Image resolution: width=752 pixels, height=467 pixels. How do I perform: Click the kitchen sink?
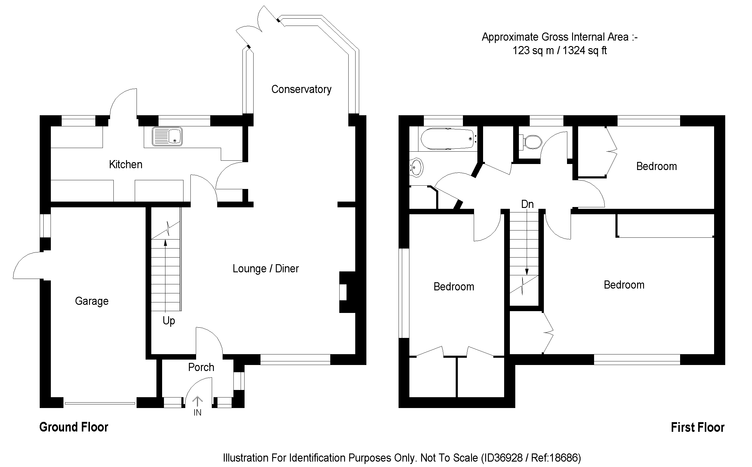coord(167,137)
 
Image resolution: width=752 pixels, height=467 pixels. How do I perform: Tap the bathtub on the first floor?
coord(447,139)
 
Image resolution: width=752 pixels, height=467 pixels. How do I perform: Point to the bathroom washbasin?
coord(416,168)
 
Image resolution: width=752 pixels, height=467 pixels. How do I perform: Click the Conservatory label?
coord(301,90)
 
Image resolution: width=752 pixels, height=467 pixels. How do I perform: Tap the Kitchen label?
coord(126,165)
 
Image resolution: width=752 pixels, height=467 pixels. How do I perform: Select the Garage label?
coord(92,301)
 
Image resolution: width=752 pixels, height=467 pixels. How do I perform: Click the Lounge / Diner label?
coord(266,269)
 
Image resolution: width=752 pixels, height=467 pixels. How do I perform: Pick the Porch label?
coord(201,367)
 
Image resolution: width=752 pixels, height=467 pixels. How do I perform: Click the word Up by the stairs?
coord(169,321)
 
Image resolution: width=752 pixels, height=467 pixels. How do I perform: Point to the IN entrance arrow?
coord(197,401)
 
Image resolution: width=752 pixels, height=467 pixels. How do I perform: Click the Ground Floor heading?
coord(74,427)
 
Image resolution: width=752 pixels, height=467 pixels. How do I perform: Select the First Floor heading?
coord(697,428)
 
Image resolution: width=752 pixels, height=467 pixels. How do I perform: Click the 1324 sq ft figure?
coord(584,50)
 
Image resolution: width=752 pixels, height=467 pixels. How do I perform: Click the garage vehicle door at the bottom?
coord(100,403)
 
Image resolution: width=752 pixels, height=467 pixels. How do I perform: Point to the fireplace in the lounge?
coord(346,292)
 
